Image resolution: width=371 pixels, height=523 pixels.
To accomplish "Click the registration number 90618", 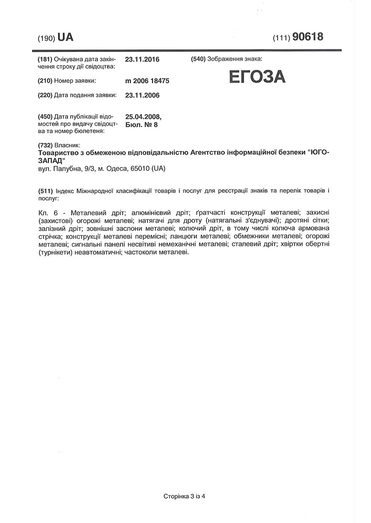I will pyautogui.click(x=308, y=37).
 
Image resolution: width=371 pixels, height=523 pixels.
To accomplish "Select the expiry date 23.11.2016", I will pyautogui.click(x=142, y=59).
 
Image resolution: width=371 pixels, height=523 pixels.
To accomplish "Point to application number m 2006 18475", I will pyautogui.click(x=147, y=81).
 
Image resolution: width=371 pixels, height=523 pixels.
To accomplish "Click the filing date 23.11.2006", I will pyautogui.click(x=142, y=95).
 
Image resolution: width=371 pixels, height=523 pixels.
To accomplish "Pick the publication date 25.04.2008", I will pyautogui.click(x=143, y=117).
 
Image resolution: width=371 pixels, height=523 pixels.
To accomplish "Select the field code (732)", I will pyautogui.click(x=46, y=145).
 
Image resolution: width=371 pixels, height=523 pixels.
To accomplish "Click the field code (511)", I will pyautogui.click(x=46, y=191).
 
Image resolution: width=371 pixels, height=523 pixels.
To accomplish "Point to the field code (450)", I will pyautogui.click(x=46, y=117).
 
